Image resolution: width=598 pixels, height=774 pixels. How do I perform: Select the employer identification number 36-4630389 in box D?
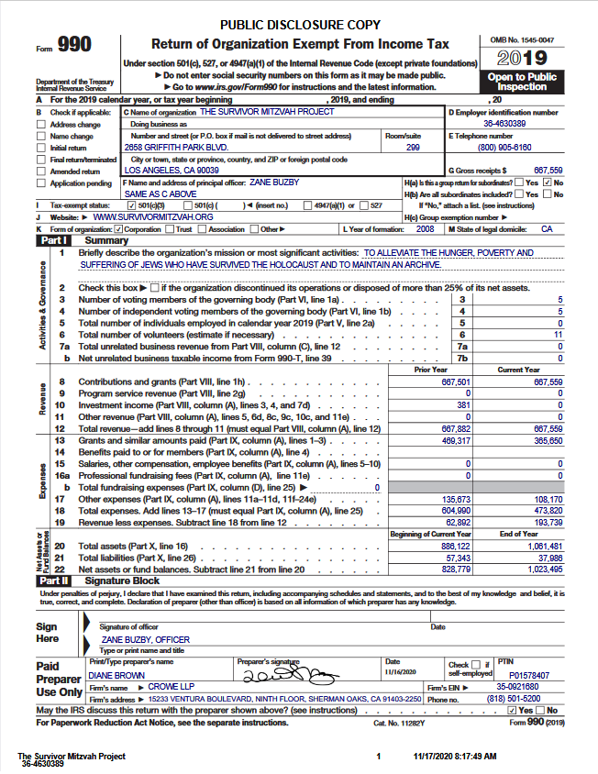504,123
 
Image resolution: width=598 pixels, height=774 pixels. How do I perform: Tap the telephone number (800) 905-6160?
504,147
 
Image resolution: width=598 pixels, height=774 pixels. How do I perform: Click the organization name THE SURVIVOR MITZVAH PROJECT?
267,112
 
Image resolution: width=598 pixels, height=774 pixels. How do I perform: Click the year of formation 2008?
425,228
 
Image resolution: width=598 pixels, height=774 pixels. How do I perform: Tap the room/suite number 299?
413,147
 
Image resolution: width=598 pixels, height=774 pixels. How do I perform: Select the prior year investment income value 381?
463,404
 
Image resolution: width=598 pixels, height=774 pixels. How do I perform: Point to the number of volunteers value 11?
558,335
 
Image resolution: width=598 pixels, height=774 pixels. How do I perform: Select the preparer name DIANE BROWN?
117,675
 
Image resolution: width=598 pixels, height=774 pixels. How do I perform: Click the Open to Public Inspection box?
522,82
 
